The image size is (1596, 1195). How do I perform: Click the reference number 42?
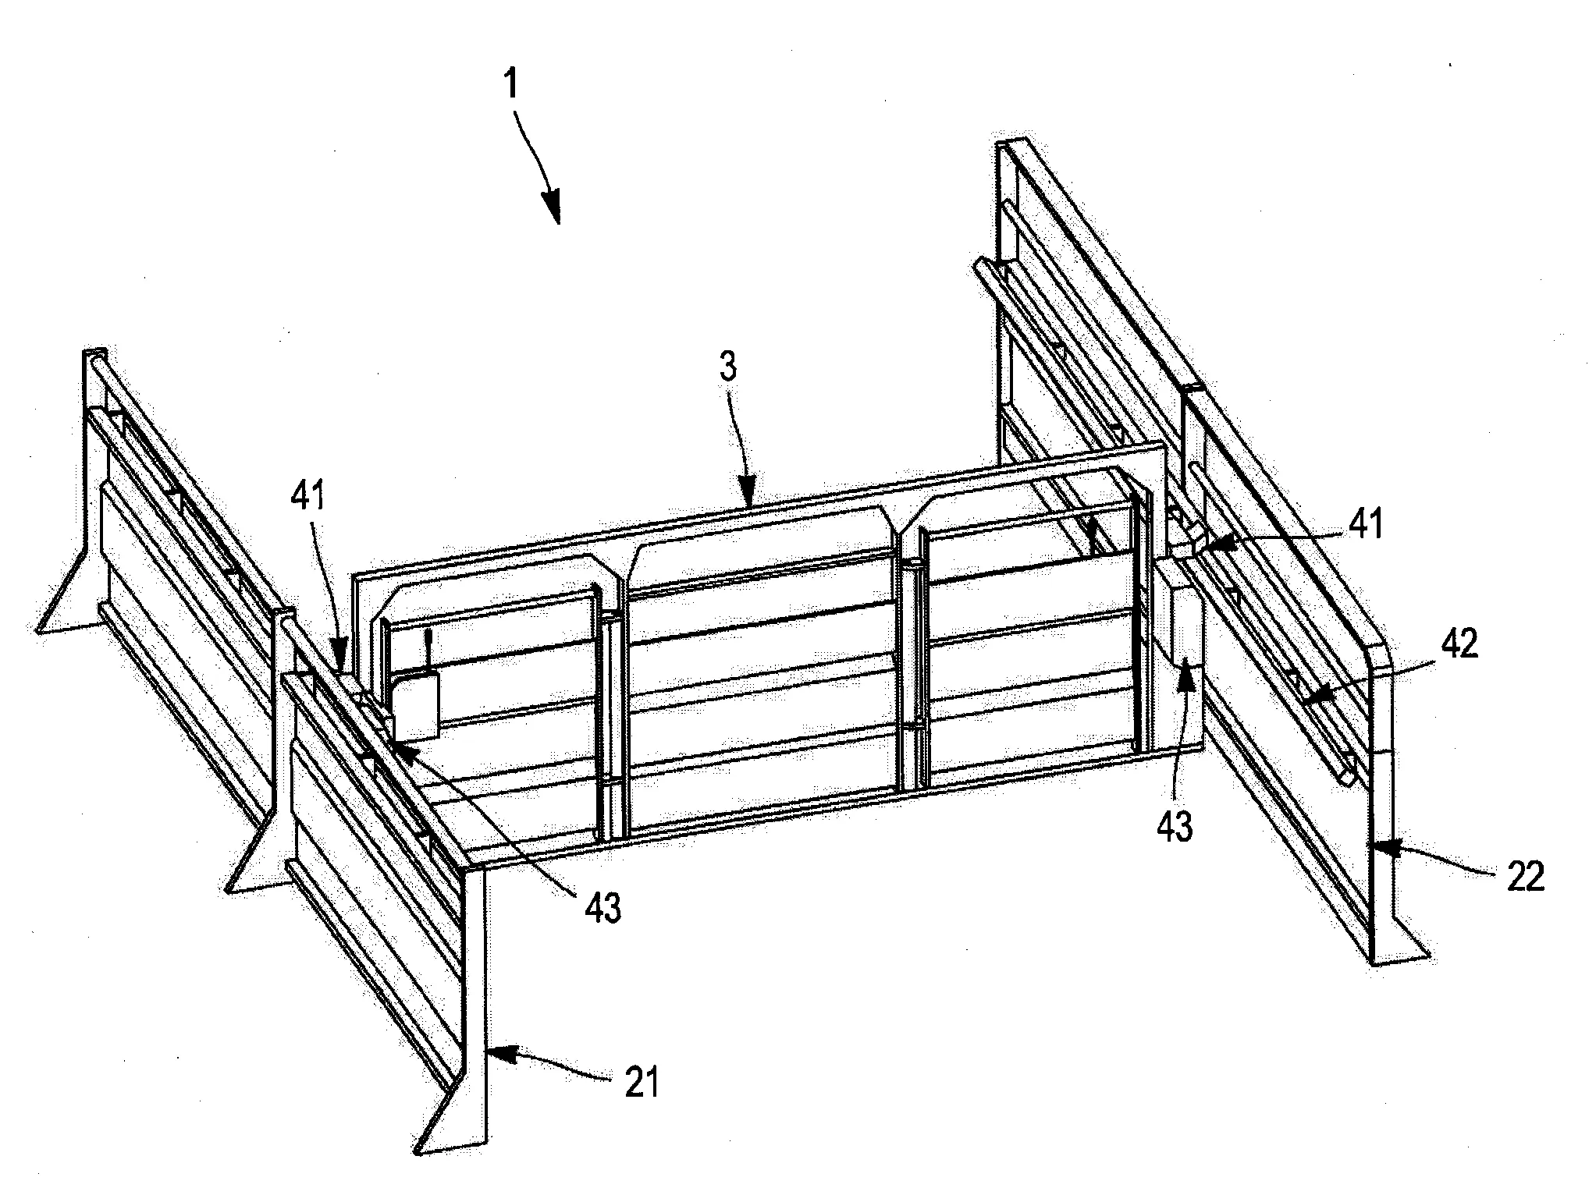coord(1456,644)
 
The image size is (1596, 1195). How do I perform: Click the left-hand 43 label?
coord(602,909)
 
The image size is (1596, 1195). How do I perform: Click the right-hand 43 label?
coord(1176,826)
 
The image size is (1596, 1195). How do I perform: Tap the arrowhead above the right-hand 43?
coord(1186,670)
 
